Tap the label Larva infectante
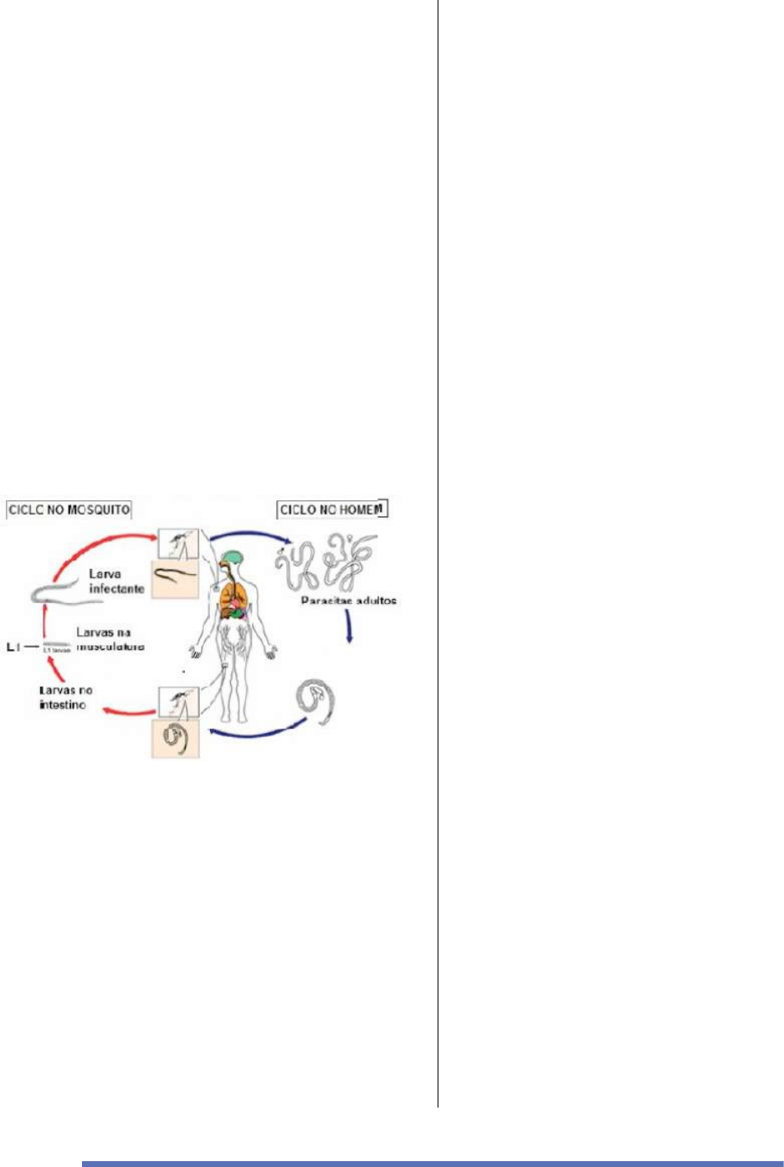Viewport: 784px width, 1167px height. click(116, 581)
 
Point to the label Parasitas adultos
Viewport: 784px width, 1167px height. click(349, 601)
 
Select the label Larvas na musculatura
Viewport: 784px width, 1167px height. click(110, 640)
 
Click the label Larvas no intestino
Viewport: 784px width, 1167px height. click(66, 698)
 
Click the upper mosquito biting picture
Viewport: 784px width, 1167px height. click(178, 545)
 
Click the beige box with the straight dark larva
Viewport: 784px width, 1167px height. click(175, 580)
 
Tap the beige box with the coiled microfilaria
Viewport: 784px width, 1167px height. click(175, 740)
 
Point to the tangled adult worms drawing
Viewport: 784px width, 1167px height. click(325, 564)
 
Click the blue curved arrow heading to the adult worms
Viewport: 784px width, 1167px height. click(250, 536)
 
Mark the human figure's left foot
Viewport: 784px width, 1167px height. click(242, 718)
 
